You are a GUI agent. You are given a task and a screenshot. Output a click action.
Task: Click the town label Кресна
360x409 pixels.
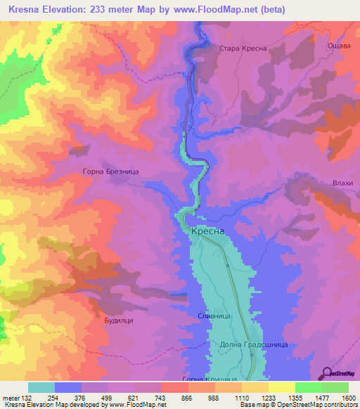pyautogui.click(x=207, y=231)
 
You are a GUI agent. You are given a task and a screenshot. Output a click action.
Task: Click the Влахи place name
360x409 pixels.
pyautogui.click(x=342, y=183)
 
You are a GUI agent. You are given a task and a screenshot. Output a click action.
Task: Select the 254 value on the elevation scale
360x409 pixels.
pyautogui.click(x=53, y=397)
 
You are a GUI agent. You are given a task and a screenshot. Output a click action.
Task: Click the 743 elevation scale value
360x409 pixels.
pyautogui.click(x=161, y=397)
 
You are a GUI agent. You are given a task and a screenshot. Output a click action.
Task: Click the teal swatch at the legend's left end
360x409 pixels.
pyautogui.click(x=41, y=387)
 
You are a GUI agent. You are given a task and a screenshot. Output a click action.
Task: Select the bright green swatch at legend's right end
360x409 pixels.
pyautogui.click(x=335, y=387)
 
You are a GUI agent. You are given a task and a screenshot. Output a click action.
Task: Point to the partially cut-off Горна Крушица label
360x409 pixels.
pyautogui.click(x=210, y=379)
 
